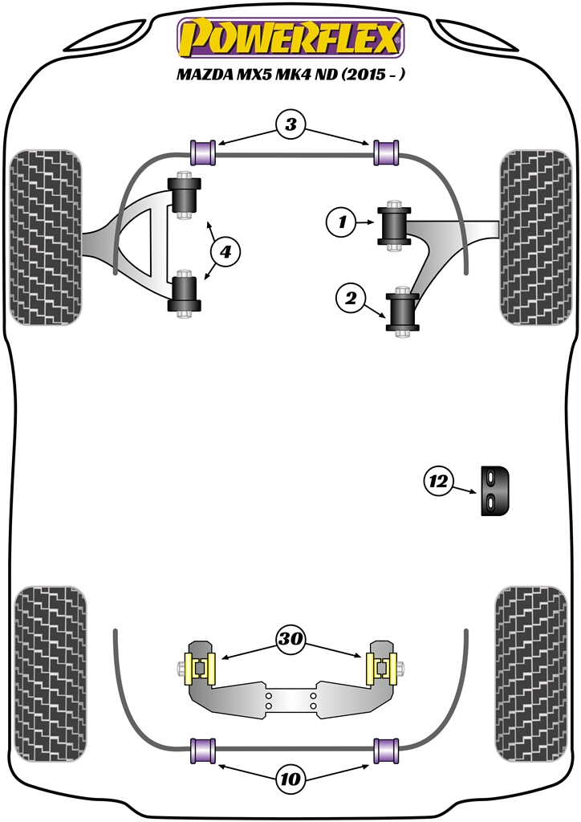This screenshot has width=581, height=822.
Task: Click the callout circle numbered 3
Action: [x=290, y=124]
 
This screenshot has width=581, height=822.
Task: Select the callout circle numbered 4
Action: [x=225, y=252]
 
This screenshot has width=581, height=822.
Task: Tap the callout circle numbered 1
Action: [x=342, y=222]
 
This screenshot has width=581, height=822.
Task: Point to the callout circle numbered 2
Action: [x=351, y=299]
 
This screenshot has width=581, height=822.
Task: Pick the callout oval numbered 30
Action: [x=290, y=640]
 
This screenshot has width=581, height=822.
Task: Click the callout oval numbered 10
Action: [x=290, y=777]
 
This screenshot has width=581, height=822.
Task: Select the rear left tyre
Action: [x=51, y=673]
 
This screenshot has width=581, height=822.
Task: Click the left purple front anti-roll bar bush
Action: [x=204, y=151]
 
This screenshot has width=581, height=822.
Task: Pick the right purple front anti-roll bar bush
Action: [x=388, y=151]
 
